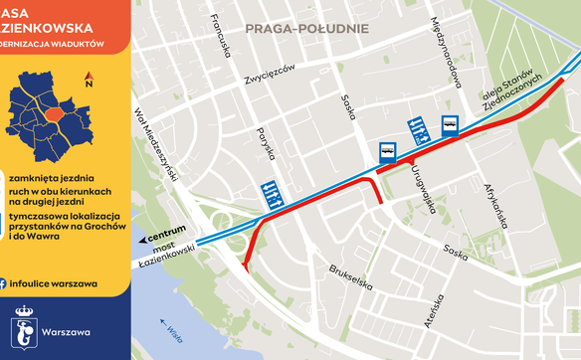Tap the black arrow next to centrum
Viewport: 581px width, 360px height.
(x=143, y=240)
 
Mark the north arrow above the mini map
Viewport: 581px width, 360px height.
(x=90, y=79)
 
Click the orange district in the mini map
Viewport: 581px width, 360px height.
(x=62, y=120)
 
